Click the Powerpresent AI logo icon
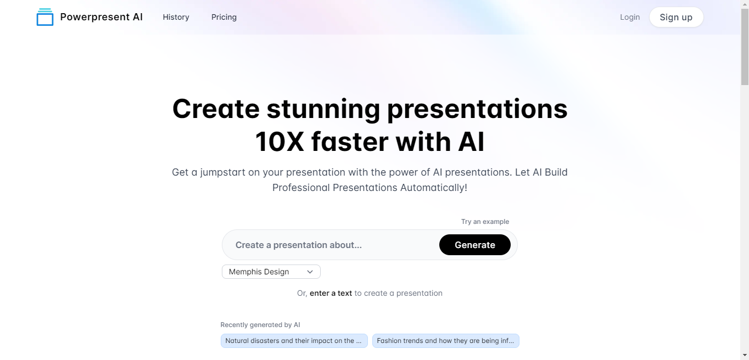click(45, 17)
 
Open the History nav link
click(176, 17)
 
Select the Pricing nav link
click(224, 17)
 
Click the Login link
click(630, 17)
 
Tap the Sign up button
click(676, 17)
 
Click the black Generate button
click(475, 245)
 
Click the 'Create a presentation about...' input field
click(331, 245)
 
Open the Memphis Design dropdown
click(271, 272)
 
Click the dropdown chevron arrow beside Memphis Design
click(310, 272)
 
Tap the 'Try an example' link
click(485, 222)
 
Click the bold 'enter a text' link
click(331, 293)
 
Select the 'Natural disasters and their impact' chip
click(294, 341)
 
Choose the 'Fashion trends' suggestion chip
click(446, 341)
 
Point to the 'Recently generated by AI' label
click(260, 324)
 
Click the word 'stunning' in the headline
click(323, 110)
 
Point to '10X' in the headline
click(280, 142)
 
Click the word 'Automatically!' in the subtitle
click(434, 188)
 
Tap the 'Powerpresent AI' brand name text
click(102, 17)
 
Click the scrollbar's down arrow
click(745, 355)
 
